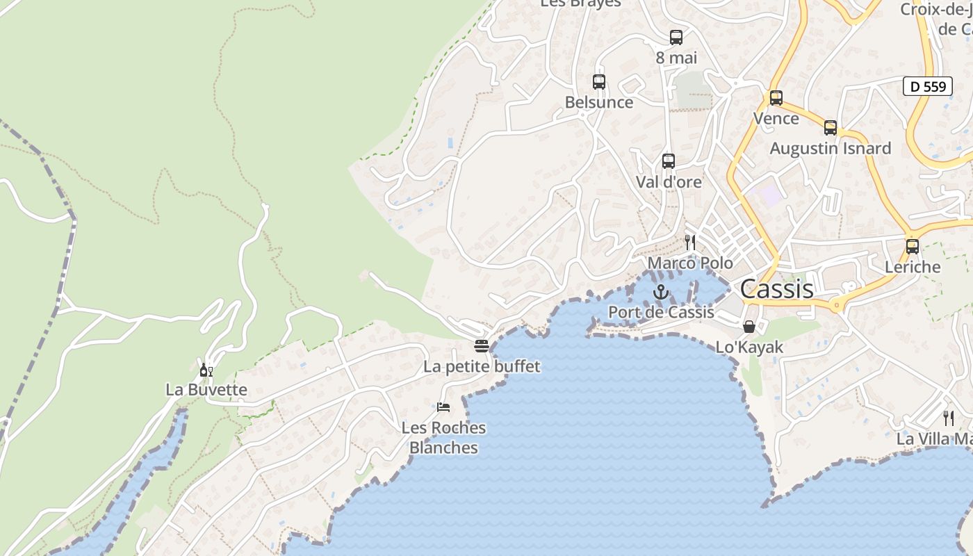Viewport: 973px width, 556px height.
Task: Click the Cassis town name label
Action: tap(776, 288)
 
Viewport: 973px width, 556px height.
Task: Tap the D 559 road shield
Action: tap(928, 86)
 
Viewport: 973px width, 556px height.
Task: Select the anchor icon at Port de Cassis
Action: tap(660, 292)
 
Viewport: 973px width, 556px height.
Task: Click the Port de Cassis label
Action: tap(661, 312)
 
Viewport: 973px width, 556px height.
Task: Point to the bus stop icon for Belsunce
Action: tap(599, 82)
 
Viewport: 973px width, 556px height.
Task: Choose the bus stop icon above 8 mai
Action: tap(676, 38)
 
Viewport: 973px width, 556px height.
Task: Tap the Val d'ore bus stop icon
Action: tap(669, 161)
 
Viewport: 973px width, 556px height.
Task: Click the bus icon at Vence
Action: tap(776, 98)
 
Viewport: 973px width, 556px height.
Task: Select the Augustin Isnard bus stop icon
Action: tap(831, 128)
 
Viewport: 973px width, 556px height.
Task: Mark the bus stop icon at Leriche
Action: tap(913, 246)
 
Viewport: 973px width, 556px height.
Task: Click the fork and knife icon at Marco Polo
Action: tap(690, 242)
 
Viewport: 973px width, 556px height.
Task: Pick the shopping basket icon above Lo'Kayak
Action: tap(749, 326)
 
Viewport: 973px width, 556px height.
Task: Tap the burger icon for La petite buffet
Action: tap(482, 345)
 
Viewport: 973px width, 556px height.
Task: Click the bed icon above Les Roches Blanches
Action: tap(443, 407)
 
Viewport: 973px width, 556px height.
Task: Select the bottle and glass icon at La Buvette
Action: tap(206, 370)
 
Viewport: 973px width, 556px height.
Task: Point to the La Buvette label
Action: tap(206, 389)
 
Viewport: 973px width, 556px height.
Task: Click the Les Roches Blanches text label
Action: tap(443, 438)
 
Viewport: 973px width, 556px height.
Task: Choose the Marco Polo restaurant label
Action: tap(690, 263)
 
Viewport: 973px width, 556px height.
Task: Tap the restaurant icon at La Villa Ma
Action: tap(948, 418)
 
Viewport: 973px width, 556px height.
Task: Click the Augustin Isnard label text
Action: tap(830, 148)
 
